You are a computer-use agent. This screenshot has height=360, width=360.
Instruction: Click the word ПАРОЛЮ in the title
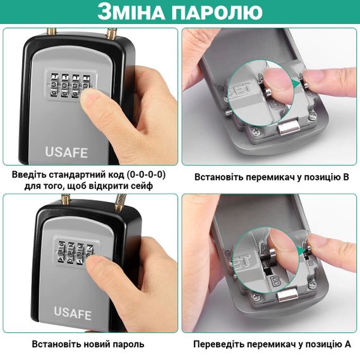pos(217,12)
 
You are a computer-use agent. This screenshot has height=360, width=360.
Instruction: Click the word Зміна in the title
pos(131,11)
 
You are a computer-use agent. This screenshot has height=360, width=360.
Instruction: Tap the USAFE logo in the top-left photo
pos(66,152)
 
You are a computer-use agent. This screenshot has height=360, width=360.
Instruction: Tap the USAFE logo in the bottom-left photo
pos(73,313)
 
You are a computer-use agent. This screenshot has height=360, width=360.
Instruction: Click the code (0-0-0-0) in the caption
pos(146,175)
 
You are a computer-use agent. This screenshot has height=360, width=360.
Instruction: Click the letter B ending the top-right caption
pos(345,177)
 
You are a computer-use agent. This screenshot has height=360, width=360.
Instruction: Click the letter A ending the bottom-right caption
pos(347,344)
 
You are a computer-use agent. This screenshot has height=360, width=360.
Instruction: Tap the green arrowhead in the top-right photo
pos(297,83)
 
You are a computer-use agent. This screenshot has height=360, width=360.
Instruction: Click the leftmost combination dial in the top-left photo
pos(54,85)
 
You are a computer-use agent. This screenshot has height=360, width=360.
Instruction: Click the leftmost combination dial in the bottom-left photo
pos(62,252)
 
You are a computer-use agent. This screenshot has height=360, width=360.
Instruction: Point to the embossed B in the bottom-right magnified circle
pos(275,281)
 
